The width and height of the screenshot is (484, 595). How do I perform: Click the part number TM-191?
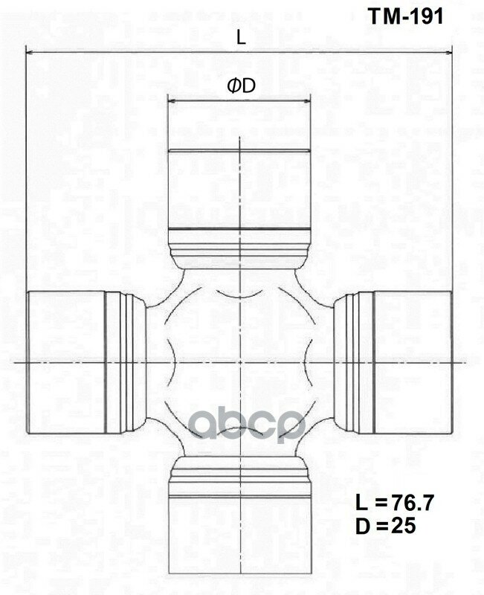point(407,17)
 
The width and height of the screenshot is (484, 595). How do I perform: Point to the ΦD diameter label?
point(241,86)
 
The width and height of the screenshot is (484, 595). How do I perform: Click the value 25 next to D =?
point(401,526)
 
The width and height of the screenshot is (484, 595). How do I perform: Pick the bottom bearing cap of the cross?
point(239,543)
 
